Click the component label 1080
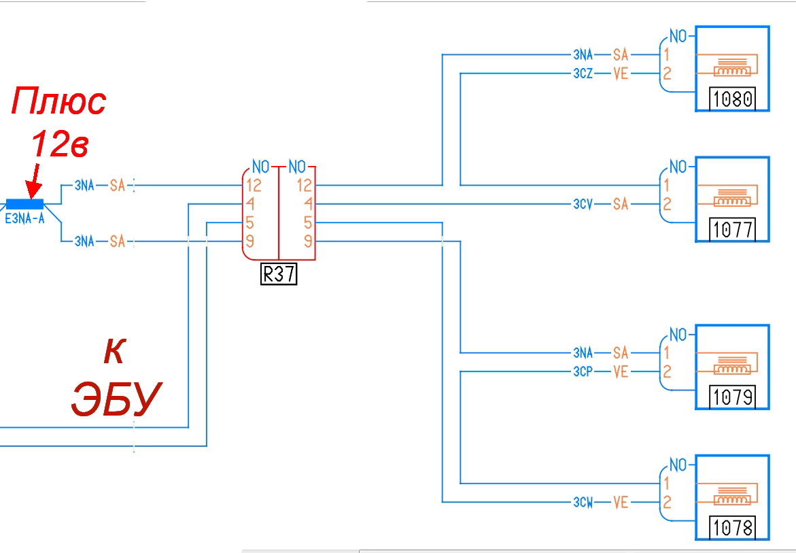733,99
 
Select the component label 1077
733,230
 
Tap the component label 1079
733,397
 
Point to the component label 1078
733,527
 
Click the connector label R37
279,275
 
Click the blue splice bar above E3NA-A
25,203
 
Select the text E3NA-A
24,219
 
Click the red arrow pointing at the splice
31,184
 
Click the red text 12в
60,144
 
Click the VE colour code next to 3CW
621,503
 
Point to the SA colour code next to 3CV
621,203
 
